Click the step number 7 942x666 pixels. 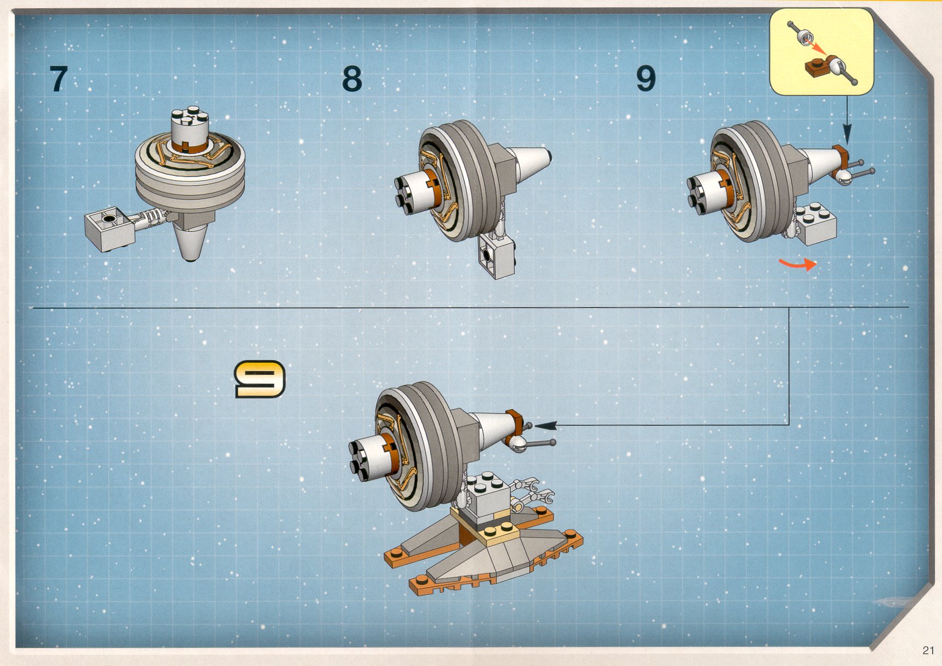click(x=58, y=79)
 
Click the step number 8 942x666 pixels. click(x=352, y=79)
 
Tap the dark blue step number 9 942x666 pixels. click(x=646, y=79)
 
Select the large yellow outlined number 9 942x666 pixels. click(x=260, y=379)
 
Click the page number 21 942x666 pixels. click(x=928, y=650)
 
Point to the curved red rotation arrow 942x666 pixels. click(x=798, y=265)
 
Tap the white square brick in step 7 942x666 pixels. click(x=110, y=229)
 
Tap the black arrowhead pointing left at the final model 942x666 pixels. click(x=545, y=425)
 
